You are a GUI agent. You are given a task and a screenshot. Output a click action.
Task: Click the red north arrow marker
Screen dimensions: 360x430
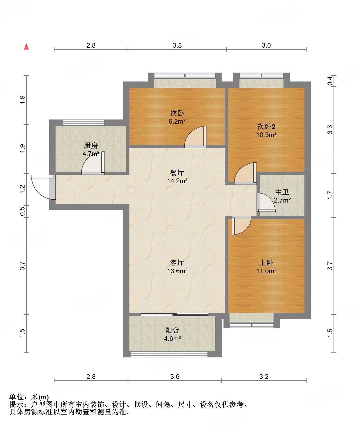tap(26, 46)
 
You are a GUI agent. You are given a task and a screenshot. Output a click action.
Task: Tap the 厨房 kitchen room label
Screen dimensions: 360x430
tap(91, 145)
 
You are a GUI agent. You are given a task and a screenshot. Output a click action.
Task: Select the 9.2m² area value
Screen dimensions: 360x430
tap(177, 121)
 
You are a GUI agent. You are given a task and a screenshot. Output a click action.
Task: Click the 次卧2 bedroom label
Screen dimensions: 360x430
tap(266, 127)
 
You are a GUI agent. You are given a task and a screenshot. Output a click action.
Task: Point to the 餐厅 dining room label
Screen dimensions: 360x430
tap(177, 173)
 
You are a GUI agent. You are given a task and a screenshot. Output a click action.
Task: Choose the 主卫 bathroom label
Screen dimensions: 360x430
tap(282, 192)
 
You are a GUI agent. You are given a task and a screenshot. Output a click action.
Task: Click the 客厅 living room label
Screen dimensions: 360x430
tap(177, 263)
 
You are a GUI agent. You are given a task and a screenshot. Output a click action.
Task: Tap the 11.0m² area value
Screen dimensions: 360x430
tap(266, 271)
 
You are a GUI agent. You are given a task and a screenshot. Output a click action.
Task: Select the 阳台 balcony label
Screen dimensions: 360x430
tap(172, 330)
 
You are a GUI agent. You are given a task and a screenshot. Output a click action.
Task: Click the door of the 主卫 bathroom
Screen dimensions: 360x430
tap(266, 202)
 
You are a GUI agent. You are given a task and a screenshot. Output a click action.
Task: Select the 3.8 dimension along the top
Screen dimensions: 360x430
tap(177, 46)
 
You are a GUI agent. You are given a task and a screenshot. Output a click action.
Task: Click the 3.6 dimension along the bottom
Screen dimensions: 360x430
tap(175, 377)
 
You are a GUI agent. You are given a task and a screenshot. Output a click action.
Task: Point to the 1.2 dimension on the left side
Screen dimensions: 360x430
tap(22, 189)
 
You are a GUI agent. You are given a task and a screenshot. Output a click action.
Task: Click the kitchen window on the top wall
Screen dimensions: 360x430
tap(84, 122)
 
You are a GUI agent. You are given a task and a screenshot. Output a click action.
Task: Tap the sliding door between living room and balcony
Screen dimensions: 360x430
tap(174, 314)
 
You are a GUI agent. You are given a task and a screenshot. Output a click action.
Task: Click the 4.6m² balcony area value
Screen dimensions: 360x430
tap(172, 339)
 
